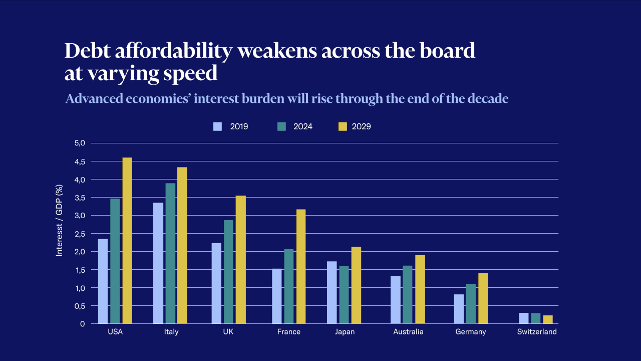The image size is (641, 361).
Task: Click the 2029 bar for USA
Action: pos(127,241)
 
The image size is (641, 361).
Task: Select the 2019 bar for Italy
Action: pos(158,263)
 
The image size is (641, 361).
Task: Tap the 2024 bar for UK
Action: pos(228,272)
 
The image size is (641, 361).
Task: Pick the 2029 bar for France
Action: pos(300,266)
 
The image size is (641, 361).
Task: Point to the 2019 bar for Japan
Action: pos(332,292)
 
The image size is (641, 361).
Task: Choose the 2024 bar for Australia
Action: pos(407,294)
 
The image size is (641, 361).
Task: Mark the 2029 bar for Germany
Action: pos(483,298)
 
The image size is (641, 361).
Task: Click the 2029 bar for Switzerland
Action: pos(548,319)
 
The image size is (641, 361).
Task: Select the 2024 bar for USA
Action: pos(115,261)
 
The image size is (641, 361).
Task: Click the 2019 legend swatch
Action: pos(217,126)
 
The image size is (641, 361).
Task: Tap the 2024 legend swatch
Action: pos(281,126)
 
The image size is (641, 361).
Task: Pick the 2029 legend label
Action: pos(361,126)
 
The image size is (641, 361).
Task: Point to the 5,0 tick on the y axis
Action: pos(80,143)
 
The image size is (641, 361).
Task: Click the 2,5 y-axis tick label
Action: pos(80,234)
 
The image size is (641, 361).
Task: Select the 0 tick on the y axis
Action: pos(83,324)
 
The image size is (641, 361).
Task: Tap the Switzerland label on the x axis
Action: pos(537,332)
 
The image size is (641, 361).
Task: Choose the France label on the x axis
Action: pos(289,332)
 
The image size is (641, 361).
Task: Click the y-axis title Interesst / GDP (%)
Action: pos(59,221)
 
